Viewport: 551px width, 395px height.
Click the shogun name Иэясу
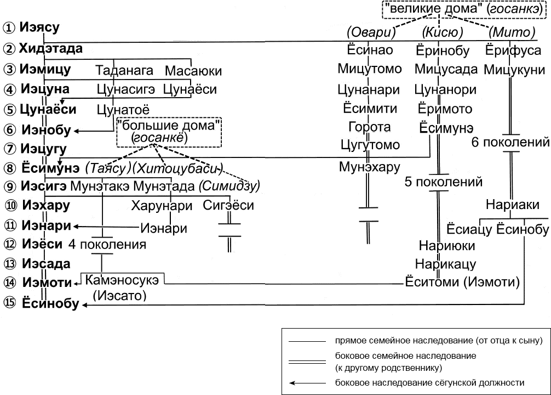click(39, 27)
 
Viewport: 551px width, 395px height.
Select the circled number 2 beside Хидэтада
click(9, 49)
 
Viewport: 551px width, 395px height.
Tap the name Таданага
click(118, 71)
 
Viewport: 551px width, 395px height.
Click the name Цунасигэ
click(125, 89)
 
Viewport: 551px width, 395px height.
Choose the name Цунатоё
click(122, 109)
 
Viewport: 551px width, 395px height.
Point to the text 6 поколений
click(510, 143)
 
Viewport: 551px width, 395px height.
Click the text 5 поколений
click(444, 181)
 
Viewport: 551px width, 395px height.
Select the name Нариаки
click(513, 205)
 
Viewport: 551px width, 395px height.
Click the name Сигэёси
click(228, 206)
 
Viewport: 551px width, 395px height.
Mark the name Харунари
click(162, 206)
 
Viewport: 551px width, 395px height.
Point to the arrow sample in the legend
click(308, 382)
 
